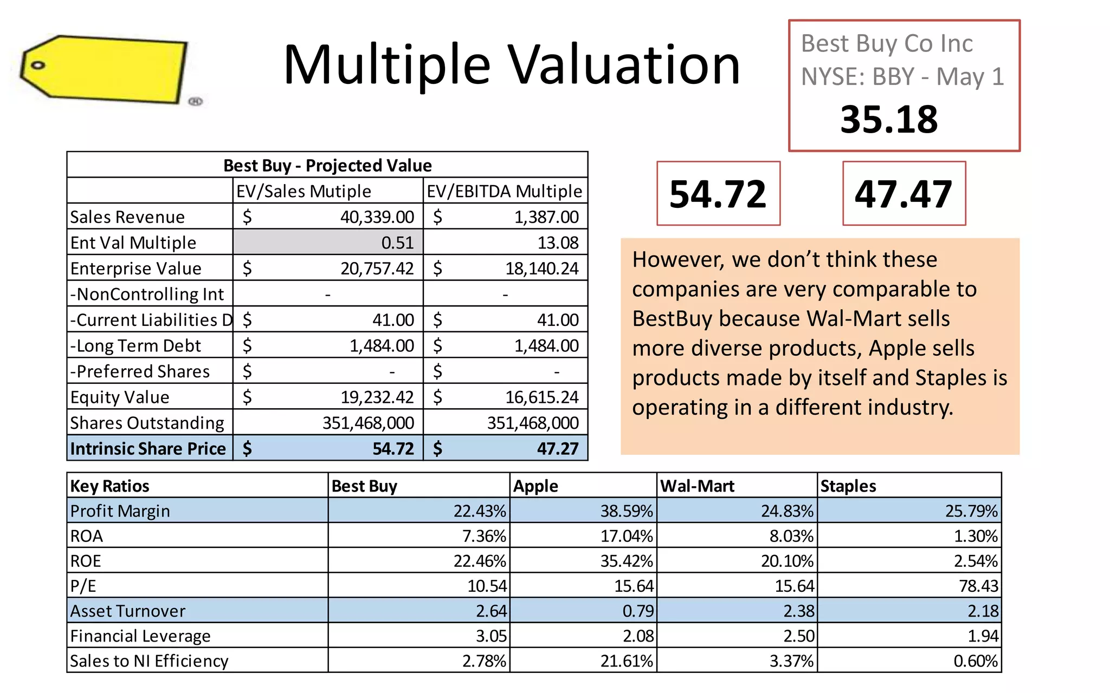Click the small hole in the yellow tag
pos(37,66)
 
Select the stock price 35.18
pos(889,119)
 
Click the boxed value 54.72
pos(718,194)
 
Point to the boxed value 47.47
pos(904,194)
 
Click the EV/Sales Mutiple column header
pos(304,191)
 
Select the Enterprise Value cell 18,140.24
pos(541,269)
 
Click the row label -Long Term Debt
pos(135,345)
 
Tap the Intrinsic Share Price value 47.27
pos(557,449)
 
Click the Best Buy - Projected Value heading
pos(327,165)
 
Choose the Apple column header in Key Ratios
pos(535,486)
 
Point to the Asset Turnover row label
pos(128,611)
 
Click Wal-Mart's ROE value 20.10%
pos(787,561)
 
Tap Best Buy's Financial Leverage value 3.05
pos(491,636)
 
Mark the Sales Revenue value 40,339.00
pos(377,217)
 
